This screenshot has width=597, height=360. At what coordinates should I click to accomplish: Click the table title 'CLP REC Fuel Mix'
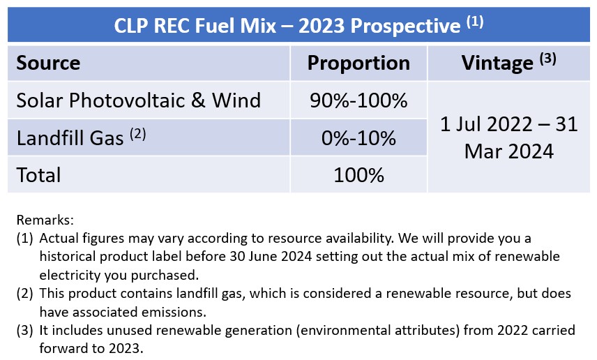(x=195, y=26)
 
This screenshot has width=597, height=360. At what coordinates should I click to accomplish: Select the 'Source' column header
(x=48, y=63)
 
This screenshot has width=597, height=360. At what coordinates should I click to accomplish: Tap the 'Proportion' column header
(x=358, y=63)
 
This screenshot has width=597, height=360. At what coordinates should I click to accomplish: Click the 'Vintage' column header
(x=497, y=63)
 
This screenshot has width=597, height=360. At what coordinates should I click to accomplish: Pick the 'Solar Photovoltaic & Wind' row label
(x=139, y=100)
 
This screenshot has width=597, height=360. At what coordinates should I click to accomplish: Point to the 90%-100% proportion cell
(x=358, y=100)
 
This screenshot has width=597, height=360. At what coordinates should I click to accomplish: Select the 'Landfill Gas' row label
(x=70, y=138)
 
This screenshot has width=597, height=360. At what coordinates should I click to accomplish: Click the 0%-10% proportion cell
(x=358, y=138)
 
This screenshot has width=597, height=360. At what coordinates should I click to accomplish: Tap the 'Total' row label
(x=38, y=175)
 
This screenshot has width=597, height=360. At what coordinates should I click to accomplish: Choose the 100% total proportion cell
(x=358, y=175)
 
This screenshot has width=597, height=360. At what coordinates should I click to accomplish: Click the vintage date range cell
(x=509, y=137)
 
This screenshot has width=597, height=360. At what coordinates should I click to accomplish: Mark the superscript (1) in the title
(x=475, y=22)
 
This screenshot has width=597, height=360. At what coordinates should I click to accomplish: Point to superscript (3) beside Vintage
(x=548, y=59)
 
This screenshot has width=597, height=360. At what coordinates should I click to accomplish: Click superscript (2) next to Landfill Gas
(x=138, y=134)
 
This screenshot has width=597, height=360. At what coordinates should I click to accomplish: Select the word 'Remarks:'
(x=45, y=220)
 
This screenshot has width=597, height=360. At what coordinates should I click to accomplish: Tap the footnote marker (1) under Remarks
(x=24, y=239)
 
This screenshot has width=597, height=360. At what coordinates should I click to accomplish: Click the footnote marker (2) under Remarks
(x=24, y=294)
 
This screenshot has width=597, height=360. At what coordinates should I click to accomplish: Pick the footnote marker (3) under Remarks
(x=24, y=330)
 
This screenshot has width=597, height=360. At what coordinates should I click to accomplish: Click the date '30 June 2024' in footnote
(x=271, y=256)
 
